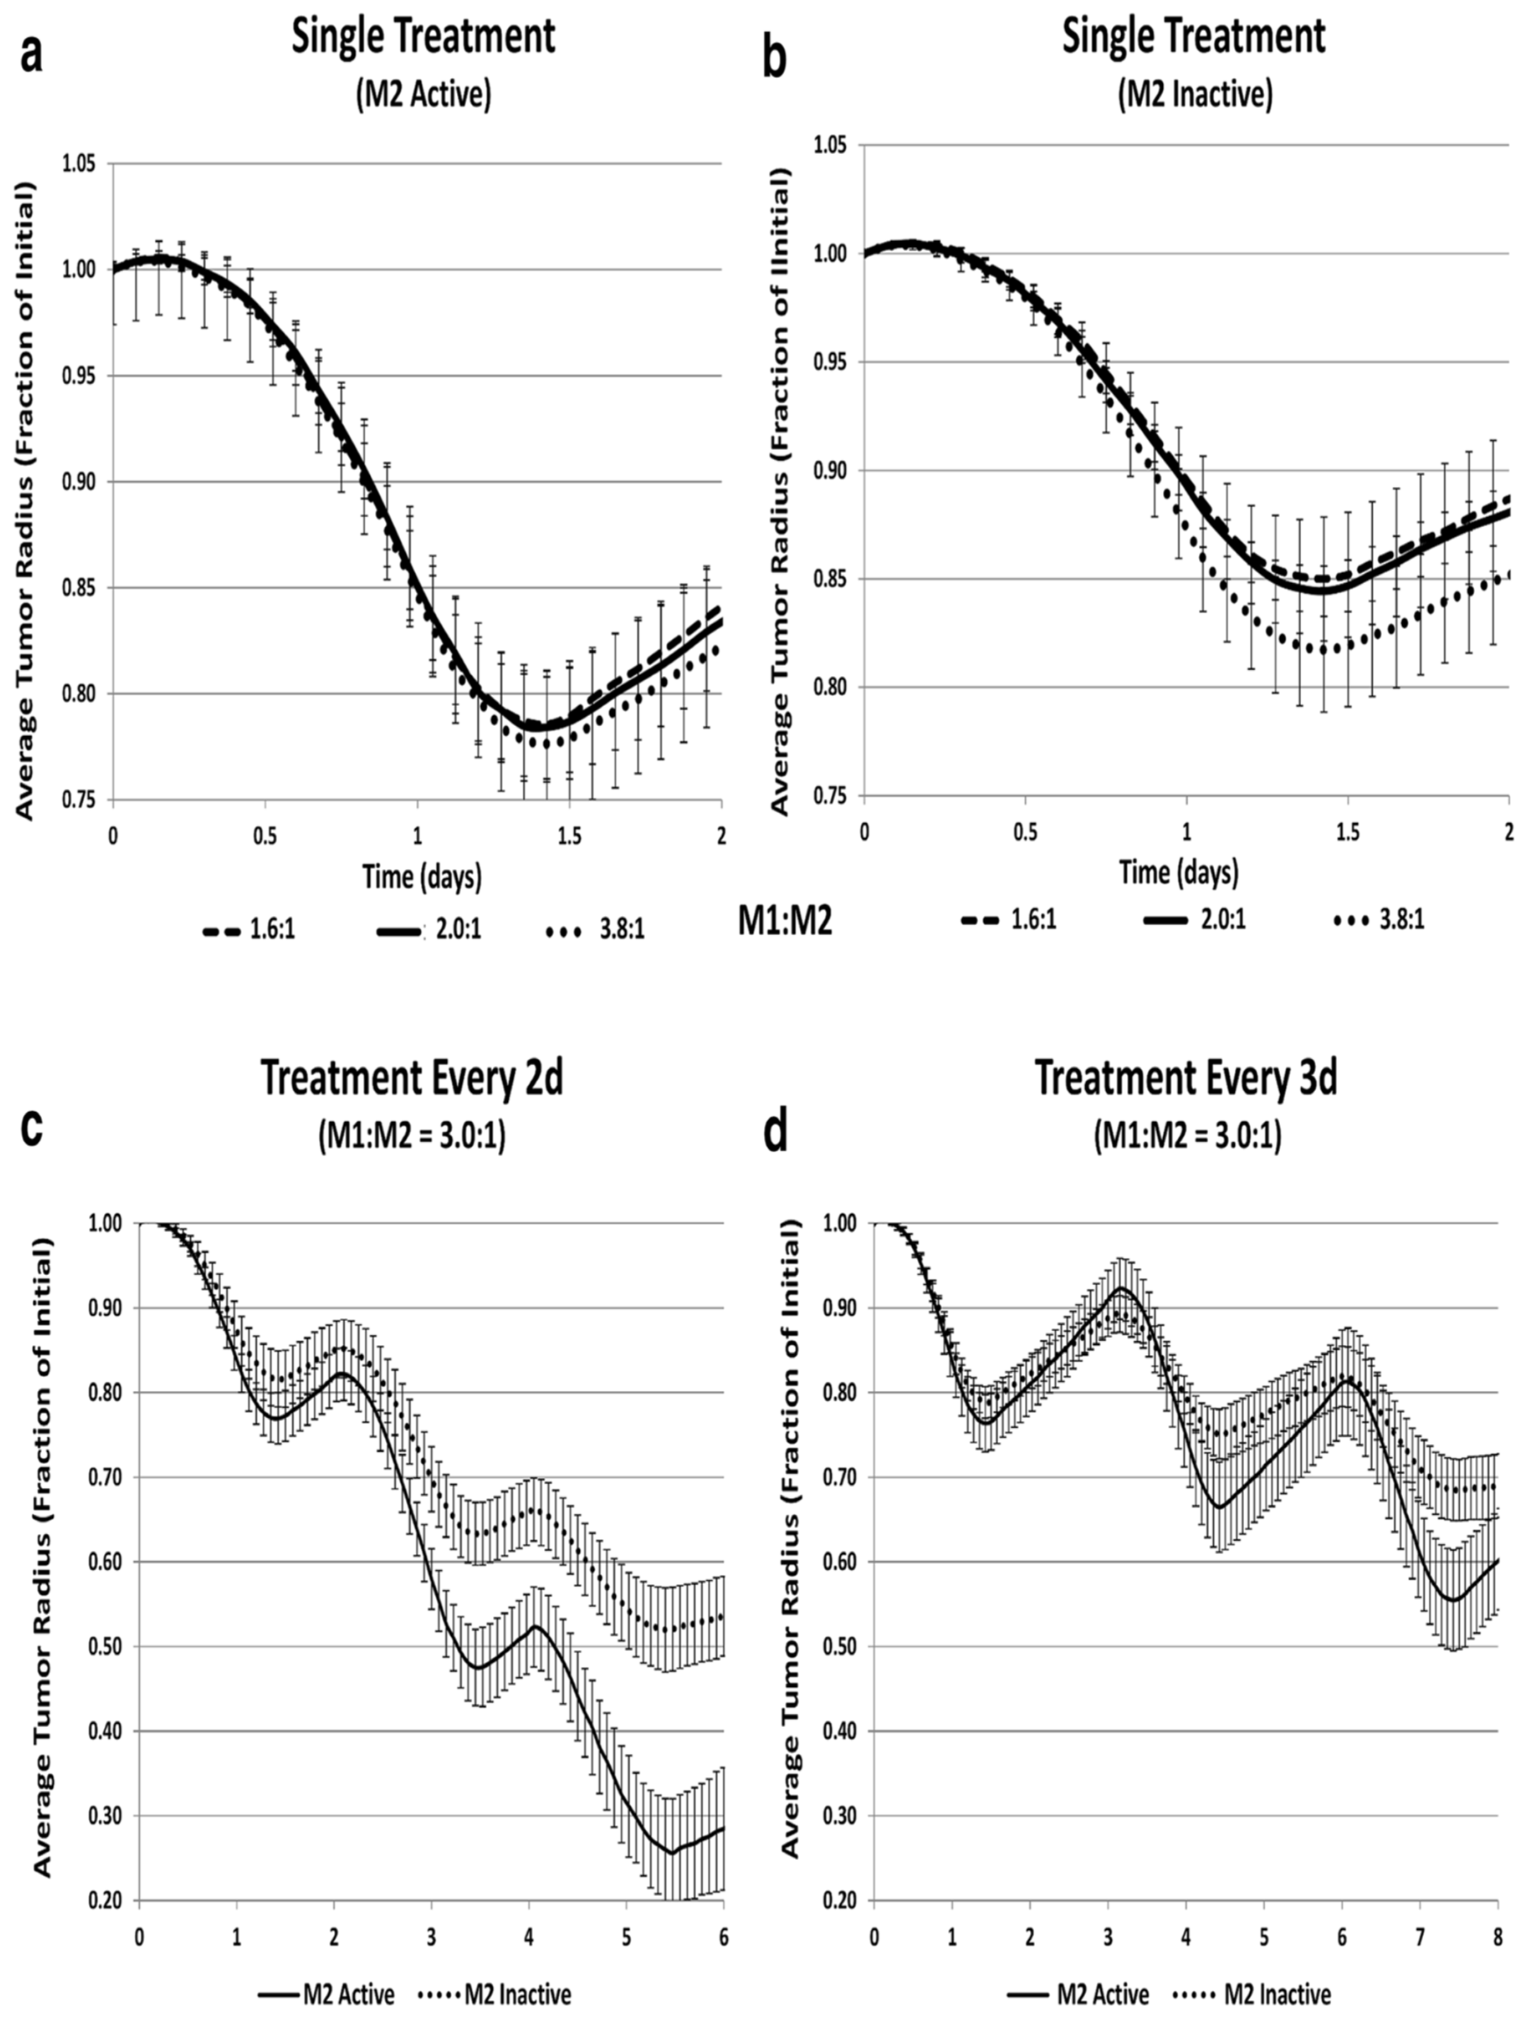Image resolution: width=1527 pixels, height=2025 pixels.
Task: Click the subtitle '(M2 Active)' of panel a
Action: click(x=423, y=94)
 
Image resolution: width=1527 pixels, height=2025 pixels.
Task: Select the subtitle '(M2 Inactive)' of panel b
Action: click(x=1194, y=94)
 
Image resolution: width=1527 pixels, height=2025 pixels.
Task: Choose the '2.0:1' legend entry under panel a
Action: click(x=455, y=931)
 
